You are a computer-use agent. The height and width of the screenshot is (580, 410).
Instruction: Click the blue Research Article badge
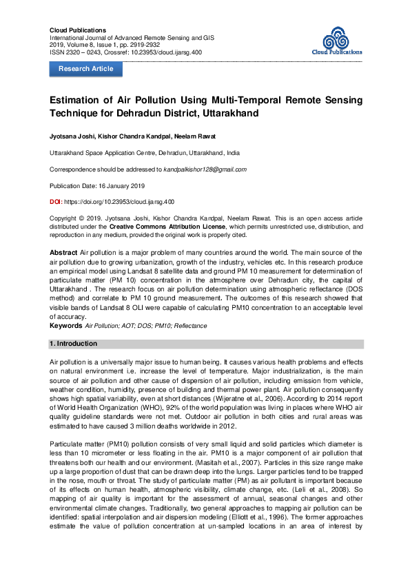point(85,69)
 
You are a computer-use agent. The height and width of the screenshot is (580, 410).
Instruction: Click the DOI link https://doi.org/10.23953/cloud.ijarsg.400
point(119,202)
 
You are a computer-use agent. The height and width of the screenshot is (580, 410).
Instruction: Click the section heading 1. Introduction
point(74,343)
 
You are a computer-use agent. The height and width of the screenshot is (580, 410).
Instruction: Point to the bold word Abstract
point(65,254)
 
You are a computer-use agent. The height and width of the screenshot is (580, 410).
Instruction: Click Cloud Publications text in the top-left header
point(78,31)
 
